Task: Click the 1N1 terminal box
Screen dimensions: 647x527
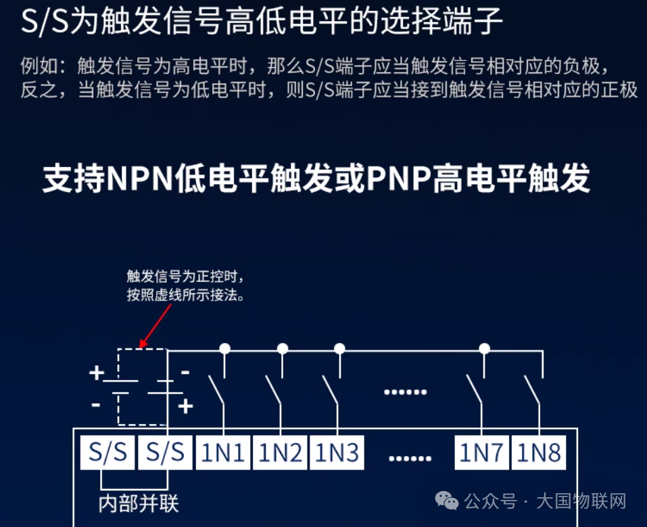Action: (x=223, y=453)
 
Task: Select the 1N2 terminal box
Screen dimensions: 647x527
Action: (x=280, y=453)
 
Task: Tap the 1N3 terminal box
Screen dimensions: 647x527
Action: (x=337, y=453)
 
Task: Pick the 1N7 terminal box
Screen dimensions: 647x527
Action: (x=481, y=453)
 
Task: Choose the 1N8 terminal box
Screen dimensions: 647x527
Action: (x=539, y=453)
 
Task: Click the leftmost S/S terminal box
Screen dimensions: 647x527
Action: (x=107, y=453)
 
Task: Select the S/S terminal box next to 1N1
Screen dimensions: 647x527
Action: (x=165, y=453)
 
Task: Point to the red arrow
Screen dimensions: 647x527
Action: (x=155, y=326)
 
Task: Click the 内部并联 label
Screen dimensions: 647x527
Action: (x=139, y=504)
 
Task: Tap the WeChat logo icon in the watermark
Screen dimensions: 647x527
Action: (x=447, y=501)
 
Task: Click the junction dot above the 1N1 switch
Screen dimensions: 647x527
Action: (x=225, y=349)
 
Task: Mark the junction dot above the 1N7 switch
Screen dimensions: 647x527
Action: (x=485, y=349)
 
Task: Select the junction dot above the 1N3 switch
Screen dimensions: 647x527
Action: (x=339, y=349)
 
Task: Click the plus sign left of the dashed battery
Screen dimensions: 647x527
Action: (x=97, y=373)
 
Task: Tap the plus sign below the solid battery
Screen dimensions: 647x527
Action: (x=186, y=406)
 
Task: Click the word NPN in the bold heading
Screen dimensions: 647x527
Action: (x=140, y=179)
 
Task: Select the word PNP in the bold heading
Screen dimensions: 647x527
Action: (x=399, y=179)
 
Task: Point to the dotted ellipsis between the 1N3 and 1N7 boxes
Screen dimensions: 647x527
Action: (x=405, y=392)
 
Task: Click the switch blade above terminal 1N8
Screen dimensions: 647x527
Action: (x=532, y=390)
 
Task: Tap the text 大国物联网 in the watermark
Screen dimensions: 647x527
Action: (x=581, y=501)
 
